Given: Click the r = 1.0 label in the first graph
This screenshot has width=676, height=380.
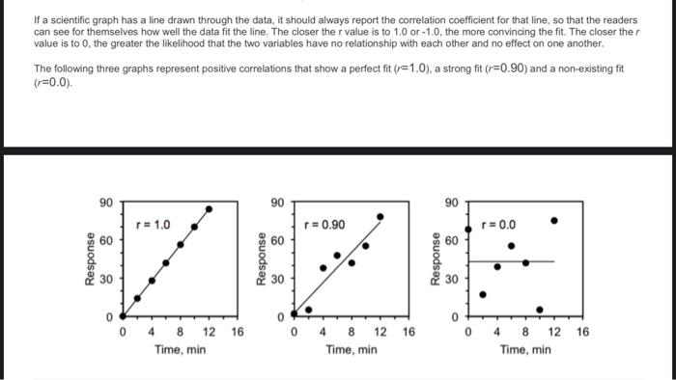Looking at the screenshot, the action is [x=155, y=225].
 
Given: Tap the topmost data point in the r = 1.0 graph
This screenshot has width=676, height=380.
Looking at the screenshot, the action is [x=210, y=208].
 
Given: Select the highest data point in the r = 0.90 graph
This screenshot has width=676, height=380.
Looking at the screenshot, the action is [x=380, y=217].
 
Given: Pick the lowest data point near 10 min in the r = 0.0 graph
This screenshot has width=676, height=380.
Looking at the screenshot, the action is [x=540, y=310].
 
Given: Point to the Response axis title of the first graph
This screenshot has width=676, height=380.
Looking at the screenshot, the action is [x=90, y=258].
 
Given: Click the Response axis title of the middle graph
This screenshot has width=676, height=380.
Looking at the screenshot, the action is [x=260, y=258].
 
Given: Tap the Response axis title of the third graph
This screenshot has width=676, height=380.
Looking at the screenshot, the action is [x=434, y=258].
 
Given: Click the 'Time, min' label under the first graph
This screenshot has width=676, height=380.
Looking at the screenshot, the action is [x=181, y=349].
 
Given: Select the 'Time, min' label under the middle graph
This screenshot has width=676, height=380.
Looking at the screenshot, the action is [x=352, y=349].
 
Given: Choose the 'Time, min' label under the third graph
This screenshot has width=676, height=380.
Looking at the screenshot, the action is [x=525, y=349].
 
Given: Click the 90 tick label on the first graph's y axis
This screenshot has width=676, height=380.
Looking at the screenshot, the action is [x=106, y=203].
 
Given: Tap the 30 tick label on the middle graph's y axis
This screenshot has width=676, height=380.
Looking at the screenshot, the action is [x=277, y=280].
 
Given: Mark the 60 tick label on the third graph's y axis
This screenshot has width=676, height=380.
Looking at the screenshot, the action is [x=451, y=239].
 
